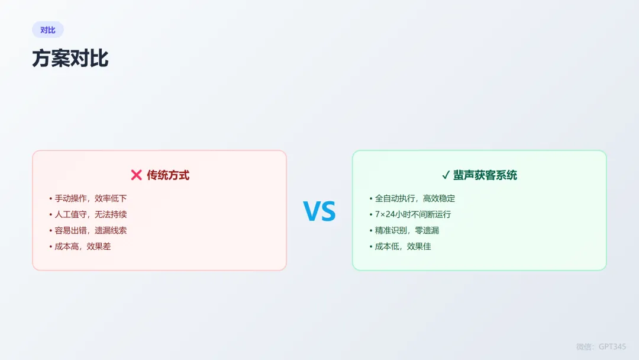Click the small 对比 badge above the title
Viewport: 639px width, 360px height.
click(x=48, y=30)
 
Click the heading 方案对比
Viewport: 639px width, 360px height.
click(x=70, y=59)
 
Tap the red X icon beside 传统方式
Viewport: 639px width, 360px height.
click(x=136, y=175)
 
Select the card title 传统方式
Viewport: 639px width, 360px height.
click(x=168, y=175)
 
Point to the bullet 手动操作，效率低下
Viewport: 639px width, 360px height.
click(x=91, y=198)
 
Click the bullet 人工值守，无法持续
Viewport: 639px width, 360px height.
click(x=91, y=214)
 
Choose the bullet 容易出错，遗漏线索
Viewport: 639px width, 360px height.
click(x=91, y=230)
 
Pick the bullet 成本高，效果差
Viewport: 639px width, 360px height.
click(x=83, y=246)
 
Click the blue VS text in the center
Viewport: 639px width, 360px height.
click(x=319, y=211)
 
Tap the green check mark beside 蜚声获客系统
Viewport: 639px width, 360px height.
click(x=446, y=175)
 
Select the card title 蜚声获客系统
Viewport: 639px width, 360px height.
click(x=485, y=175)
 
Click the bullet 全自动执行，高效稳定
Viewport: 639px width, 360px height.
click(x=415, y=198)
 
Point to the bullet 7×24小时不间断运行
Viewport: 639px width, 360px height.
click(x=412, y=214)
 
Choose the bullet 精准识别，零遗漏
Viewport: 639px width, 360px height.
click(x=407, y=230)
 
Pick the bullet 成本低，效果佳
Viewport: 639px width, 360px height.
click(x=403, y=246)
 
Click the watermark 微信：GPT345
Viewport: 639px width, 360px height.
click(x=601, y=346)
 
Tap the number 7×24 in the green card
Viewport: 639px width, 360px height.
click(x=385, y=214)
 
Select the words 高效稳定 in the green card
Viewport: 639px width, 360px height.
click(x=439, y=198)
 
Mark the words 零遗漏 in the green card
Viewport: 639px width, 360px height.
click(x=427, y=230)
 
